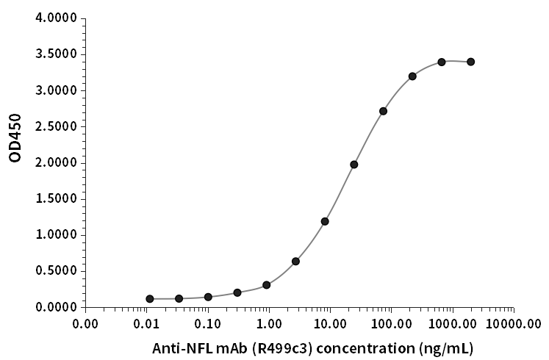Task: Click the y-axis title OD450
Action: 15,137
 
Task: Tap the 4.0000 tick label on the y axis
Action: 57,18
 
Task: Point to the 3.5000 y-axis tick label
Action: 57,54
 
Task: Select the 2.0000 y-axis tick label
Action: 57,162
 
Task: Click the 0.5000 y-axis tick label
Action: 57,270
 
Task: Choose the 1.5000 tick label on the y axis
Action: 57,198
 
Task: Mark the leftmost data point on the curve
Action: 150,299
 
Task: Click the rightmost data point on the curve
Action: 470,62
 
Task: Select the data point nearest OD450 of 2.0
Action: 354,165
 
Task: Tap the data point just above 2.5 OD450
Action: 383,111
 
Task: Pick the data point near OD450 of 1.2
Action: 325,221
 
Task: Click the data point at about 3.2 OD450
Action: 412,76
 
